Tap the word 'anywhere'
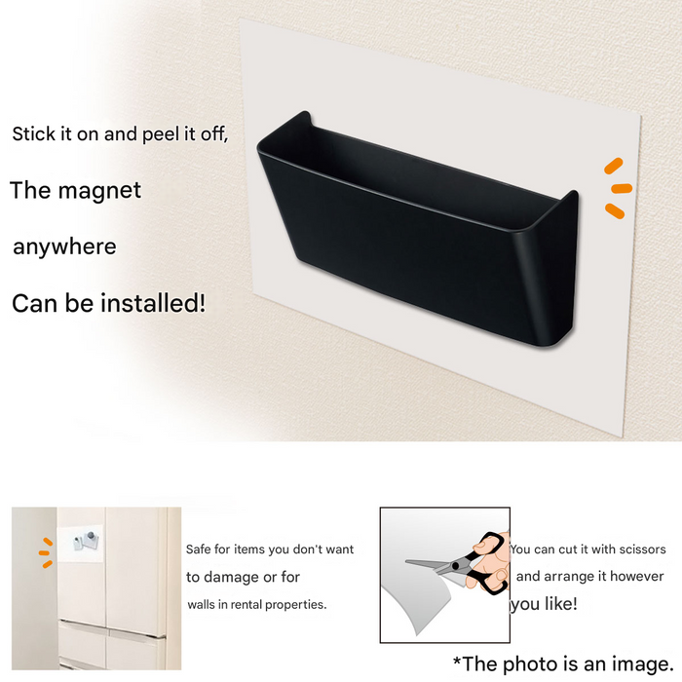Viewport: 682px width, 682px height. tap(65, 246)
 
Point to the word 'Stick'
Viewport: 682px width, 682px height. tap(34, 134)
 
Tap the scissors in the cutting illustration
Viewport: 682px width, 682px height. tap(457, 563)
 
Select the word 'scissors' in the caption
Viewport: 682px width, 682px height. tap(642, 549)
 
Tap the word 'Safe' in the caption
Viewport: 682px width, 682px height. tap(198, 549)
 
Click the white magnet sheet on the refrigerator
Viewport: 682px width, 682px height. tap(80, 544)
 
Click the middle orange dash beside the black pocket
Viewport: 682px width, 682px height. tap(622, 188)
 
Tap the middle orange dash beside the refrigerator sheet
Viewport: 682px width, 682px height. tap(44, 552)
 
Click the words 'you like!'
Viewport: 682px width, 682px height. tap(544, 604)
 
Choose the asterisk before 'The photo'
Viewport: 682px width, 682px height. tap(457, 662)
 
